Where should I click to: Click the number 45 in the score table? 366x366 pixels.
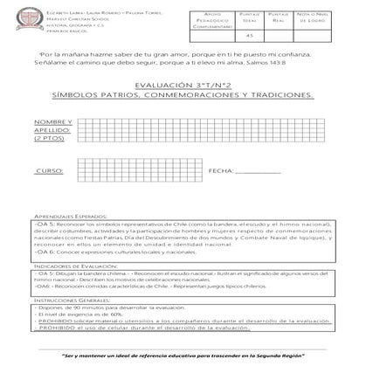250,35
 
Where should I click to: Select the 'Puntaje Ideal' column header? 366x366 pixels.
250,18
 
